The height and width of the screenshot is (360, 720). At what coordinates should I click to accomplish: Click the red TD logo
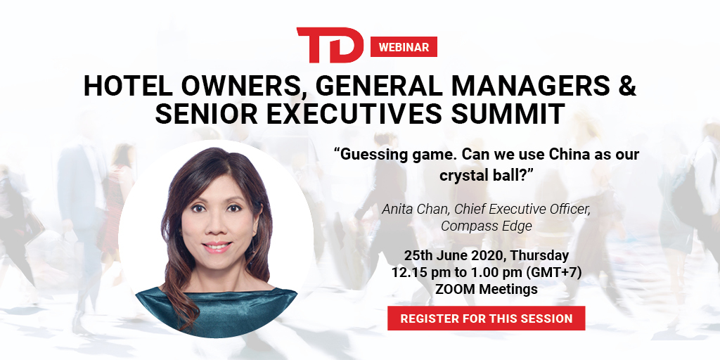click(x=330, y=45)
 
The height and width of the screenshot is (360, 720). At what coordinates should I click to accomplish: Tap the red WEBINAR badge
click(x=404, y=47)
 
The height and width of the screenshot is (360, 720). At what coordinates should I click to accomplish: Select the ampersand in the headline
click(x=626, y=85)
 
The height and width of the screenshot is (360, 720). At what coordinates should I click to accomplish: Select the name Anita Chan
click(x=416, y=210)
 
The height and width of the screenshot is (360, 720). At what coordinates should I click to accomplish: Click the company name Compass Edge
click(x=487, y=226)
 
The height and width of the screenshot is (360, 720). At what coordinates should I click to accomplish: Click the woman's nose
click(x=215, y=225)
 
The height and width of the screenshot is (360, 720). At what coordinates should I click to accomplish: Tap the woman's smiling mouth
click(x=217, y=247)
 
